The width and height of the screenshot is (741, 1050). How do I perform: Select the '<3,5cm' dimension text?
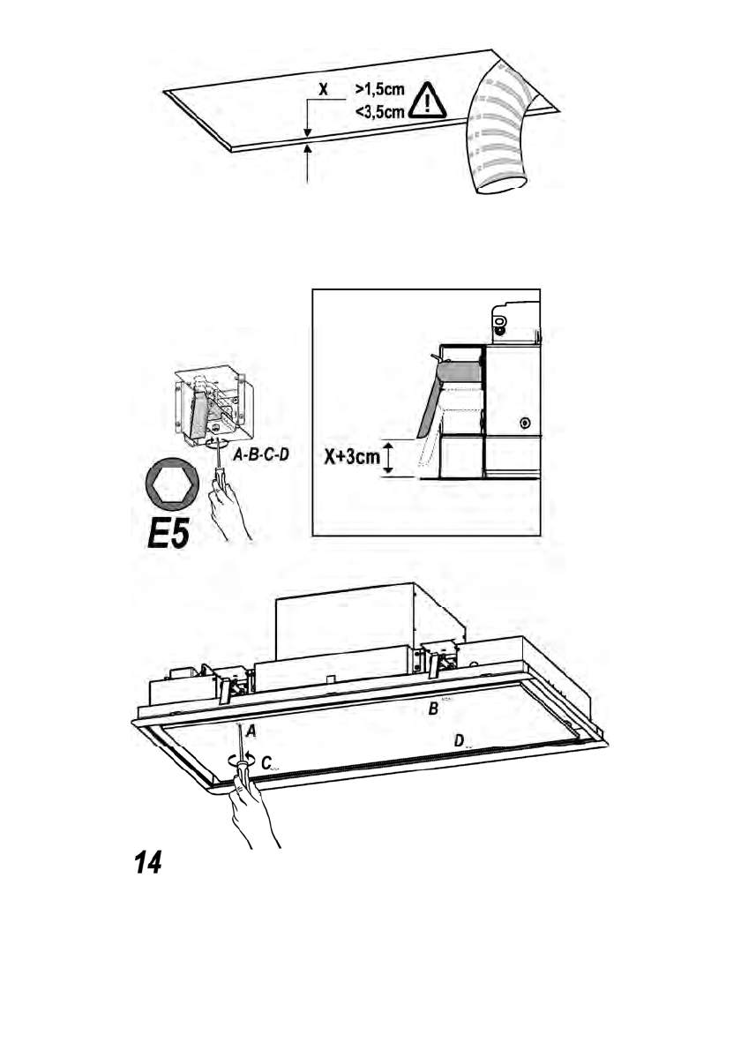point(380,111)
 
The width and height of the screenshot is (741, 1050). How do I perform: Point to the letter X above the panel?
point(323,90)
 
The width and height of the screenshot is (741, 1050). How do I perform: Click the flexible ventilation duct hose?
point(502,132)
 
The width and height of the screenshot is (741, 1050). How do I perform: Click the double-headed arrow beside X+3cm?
point(387,460)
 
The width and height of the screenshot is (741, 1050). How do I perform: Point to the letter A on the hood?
point(251,731)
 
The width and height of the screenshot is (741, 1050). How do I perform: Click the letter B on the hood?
point(433,709)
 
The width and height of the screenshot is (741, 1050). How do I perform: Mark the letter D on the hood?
point(459,742)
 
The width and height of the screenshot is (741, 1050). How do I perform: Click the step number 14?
point(147,863)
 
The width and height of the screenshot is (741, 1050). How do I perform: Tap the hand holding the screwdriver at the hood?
point(254,812)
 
